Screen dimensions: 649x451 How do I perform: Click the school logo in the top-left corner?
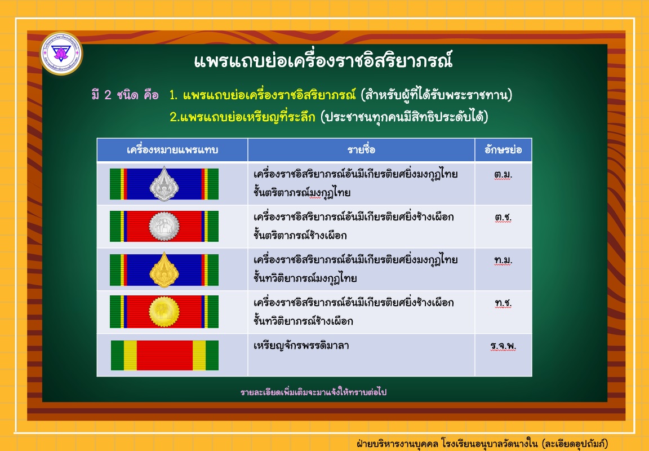(61, 54)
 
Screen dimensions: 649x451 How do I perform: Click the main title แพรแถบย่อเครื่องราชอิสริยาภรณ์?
(323, 61)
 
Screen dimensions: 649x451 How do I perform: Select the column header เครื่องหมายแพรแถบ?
(172, 149)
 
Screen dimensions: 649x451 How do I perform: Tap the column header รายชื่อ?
(361, 149)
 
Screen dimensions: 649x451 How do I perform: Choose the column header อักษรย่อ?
(503, 149)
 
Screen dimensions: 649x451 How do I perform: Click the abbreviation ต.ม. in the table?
(503, 175)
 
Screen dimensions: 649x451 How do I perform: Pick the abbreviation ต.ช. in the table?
(503, 218)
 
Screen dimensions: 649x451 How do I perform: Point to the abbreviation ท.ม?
(503, 260)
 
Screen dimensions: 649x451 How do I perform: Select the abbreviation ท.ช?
(503, 303)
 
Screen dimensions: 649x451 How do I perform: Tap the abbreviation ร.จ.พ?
(503, 346)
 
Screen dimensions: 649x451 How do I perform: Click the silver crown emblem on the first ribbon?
(165, 184)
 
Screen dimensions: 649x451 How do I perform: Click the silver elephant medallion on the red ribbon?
(164, 227)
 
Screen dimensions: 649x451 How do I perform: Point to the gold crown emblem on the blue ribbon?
(165, 269)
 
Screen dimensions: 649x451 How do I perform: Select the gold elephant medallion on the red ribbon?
(165, 312)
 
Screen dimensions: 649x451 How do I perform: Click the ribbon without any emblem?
(165, 355)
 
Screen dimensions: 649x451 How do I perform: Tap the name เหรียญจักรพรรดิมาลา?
(301, 346)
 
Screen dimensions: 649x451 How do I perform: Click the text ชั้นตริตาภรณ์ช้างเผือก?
(300, 235)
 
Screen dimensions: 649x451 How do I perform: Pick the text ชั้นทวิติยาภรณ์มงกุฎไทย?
(305, 278)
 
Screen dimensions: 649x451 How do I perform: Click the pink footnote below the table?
(313, 392)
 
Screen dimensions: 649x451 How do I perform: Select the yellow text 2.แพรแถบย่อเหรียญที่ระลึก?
(243, 117)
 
